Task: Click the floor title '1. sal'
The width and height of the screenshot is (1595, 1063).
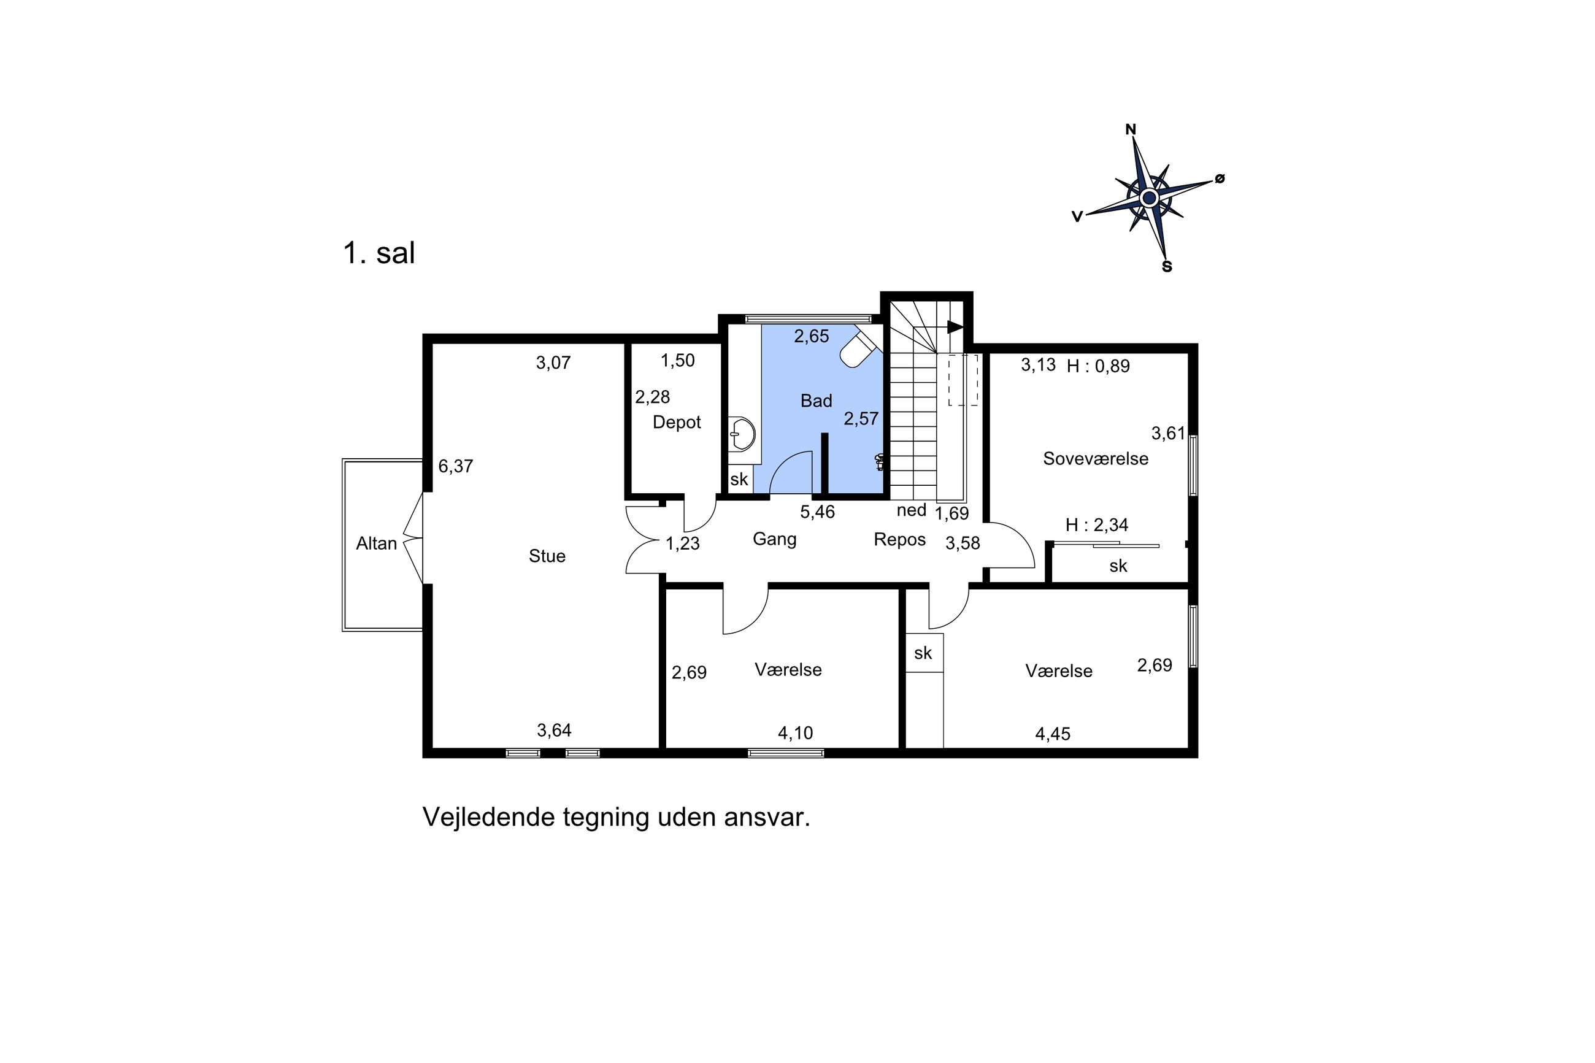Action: pyautogui.click(x=379, y=253)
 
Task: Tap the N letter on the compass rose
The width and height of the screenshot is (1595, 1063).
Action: pyautogui.click(x=1131, y=129)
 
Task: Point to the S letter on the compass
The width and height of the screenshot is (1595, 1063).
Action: pyautogui.click(x=1167, y=267)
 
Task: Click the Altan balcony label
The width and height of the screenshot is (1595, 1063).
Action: pyautogui.click(x=376, y=543)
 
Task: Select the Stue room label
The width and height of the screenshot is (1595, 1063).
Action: pyautogui.click(x=547, y=556)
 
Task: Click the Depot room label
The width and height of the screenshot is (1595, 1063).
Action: pyautogui.click(x=677, y=423)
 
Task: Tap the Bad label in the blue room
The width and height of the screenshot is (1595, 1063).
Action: pyautogui.click(x=816, y=401)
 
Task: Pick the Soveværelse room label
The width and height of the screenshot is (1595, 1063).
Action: pyautogui.click(x=1096, y=459)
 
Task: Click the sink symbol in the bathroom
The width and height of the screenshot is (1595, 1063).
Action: pyautogui.click(x=743, y=434)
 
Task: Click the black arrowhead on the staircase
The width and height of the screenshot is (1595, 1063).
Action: pyautogui.click(x=956, y=327)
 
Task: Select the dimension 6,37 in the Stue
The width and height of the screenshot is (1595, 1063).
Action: pyautogui.click(x=456, y=466)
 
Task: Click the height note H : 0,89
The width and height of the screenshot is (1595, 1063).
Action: pyautogui.click(x=1098, y=366)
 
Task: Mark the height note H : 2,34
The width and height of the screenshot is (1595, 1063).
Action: pyautogui.click(x=1097, y=524)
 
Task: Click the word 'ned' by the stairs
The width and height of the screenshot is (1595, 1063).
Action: pyautogui.click(x=911, y=510)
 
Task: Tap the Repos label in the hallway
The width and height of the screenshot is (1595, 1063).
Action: pyautogui.click(x=899, y=540)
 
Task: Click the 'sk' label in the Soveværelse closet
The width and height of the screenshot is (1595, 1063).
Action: pyautogui.click(x=1118, y=566)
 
